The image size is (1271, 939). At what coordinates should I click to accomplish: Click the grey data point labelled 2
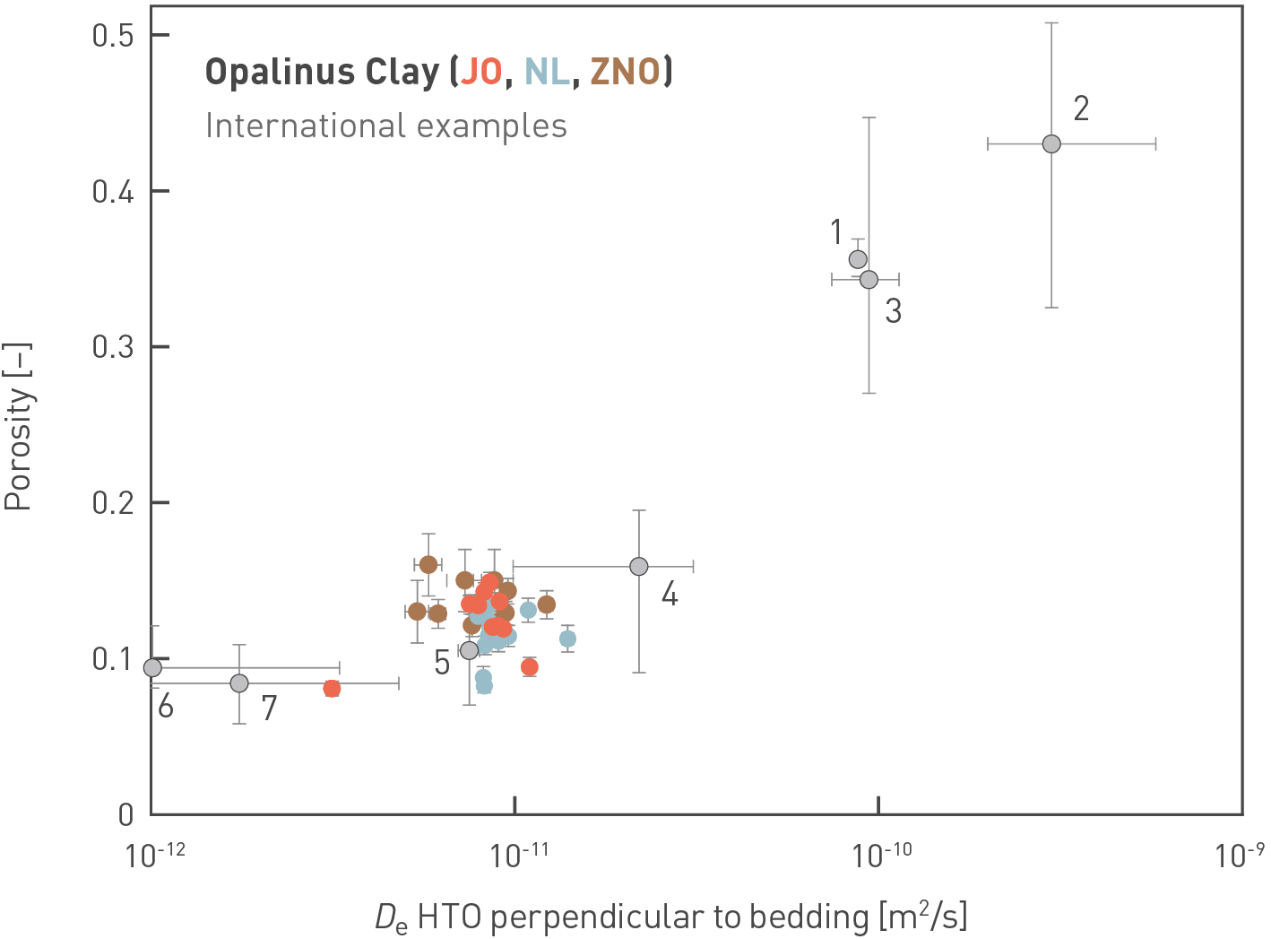pos(1051,143)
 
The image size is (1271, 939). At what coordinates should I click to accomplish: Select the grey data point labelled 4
pos(638,566)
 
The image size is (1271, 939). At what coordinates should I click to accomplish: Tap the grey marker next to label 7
pos(238,683)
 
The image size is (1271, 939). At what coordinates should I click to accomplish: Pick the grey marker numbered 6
pos(152,667)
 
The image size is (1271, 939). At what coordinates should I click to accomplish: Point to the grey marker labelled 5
pos(469,650)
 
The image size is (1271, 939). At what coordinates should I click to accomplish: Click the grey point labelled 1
pos(858,259)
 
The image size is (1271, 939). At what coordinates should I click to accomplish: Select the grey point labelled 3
pos(869,280)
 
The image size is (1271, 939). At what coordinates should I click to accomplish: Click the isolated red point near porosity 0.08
pos(332,689)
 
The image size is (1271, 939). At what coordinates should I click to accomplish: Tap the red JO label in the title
pos(480,72)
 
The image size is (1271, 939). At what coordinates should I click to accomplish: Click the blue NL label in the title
pos(547,72)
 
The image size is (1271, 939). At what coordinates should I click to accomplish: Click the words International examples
pos(385,126)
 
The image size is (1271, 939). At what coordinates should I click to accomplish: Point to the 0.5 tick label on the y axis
pos(112,36)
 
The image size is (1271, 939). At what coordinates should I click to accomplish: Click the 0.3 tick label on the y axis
pos(112,347)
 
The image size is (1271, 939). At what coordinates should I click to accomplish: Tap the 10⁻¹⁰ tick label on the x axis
pos(882,855)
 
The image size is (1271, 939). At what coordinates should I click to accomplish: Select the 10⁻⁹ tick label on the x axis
pos(1240,855)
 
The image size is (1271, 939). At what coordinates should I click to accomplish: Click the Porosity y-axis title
pos(18,426)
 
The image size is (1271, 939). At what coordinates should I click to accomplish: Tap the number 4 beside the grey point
pos(669,594)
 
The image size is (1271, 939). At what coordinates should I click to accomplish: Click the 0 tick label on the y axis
pos(125,814)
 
